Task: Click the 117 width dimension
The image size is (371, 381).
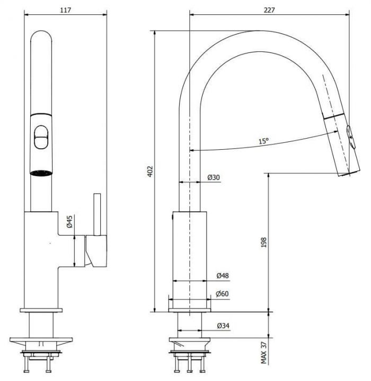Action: (x=66, y=10)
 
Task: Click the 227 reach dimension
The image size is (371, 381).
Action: (x=269, y=10)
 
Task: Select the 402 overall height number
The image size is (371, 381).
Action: (x=151, y=171)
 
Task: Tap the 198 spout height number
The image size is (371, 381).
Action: (x=264, y=242)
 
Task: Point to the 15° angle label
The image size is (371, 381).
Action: (x=263, y=141)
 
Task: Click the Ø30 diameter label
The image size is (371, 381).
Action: (x=214, y=177)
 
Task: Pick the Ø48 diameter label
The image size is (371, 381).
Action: (x=223, y=276)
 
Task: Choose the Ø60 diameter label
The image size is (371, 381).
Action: (x=222, y=294)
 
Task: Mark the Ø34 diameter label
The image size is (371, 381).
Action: (x=223, y=325)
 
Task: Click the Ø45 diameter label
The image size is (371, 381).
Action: (x=69, y=221)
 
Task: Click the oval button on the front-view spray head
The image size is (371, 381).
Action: (x=41, y=137)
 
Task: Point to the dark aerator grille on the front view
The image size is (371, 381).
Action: (x=41, y=173)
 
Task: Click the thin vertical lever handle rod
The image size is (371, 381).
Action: (x=97, y=214)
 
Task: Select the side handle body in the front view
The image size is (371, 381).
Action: (x=96, y=251)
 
